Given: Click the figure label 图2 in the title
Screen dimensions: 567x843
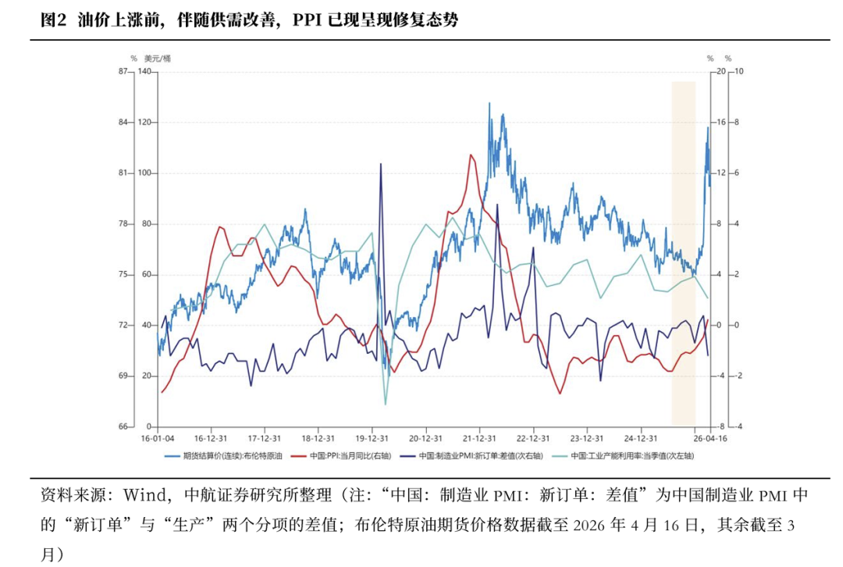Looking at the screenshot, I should click(55, 21).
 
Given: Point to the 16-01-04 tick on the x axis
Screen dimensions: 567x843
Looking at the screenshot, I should click(157, 438).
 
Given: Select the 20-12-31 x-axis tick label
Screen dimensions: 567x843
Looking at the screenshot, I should click(425, 438).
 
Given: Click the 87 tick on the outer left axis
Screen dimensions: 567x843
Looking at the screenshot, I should click(123, 72).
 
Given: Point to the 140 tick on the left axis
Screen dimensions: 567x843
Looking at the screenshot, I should click(144, 72).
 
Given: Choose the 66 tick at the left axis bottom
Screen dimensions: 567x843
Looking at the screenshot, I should click(123, 427).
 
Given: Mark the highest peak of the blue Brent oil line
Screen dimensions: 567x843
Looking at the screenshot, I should click(489, 103).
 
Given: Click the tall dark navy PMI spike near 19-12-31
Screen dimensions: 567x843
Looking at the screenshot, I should click(381, 165).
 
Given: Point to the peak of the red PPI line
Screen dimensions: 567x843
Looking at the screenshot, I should click(471, 155).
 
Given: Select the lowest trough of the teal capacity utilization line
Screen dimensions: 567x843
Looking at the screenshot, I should click(385, 404).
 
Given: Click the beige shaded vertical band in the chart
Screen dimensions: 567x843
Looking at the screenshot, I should click(683, 250).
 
